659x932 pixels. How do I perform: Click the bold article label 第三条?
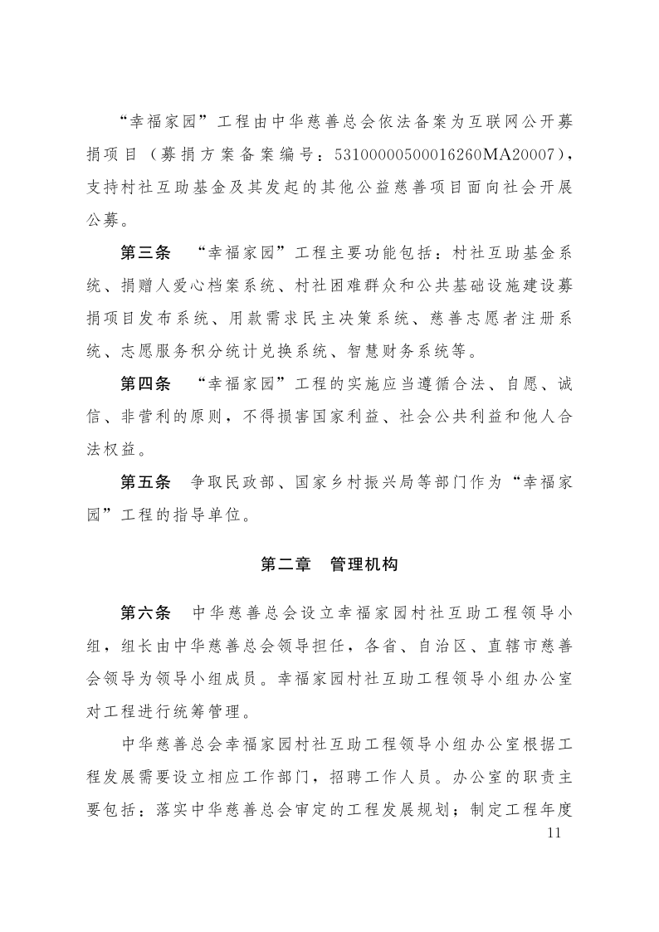(145, 251)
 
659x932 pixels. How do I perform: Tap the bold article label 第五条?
(145, 482)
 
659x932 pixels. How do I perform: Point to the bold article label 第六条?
(145, 614)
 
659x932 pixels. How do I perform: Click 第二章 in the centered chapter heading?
(286, 564)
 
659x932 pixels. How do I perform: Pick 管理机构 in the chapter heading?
(364, 564)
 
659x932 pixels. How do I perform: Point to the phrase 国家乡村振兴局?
(343, 482)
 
